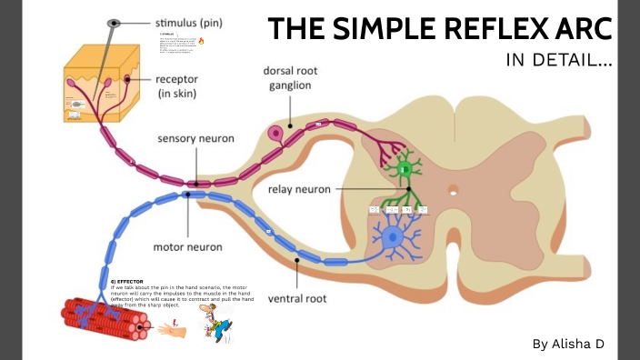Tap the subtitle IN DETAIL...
pyautogui.click(x=558, y=62)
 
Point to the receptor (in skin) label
pyautogui.click(x=189, y=86)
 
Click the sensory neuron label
pyautogui.click(x=196, y=139)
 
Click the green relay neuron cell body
pyautogui.click(x=406, y=169)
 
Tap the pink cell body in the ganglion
pyautogui.click(x=275, y=135)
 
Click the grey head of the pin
pyautogui.click(x=114, y=22)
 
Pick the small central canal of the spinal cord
pyautogui.click(x=453, y=191)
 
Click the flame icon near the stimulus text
pyautogui.click(x=201, y=41)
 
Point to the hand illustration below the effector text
pyautogui.click(x=171, y=328)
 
